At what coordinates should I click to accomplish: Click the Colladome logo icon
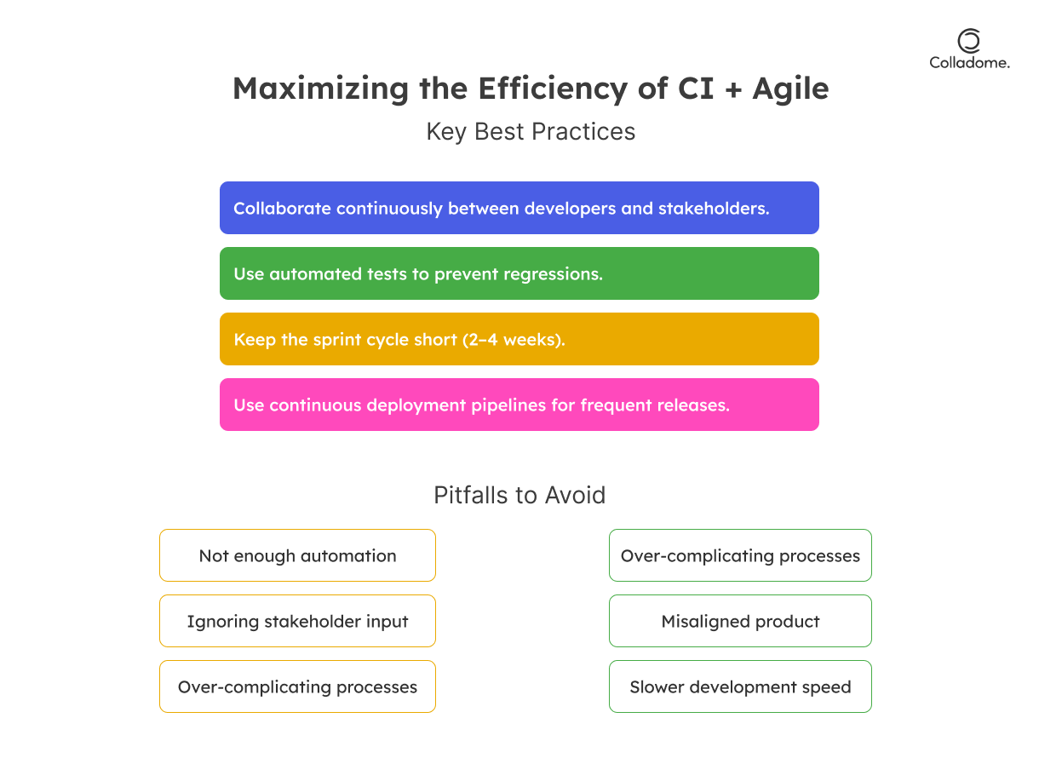point(968,41)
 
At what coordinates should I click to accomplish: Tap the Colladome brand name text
point(969,62)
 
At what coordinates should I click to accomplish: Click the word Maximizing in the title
point(320,89)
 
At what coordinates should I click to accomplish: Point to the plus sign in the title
point(732,89)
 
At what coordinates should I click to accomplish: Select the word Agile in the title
point(790,89)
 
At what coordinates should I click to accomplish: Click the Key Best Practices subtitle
point(531,131)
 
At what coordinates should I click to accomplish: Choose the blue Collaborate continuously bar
point(519,208)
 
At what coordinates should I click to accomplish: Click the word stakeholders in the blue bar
point(714,209)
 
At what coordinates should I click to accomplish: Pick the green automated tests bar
point(519,273)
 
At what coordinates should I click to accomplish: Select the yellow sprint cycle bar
point(519,339)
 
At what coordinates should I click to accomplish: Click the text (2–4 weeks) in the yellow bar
point(514,340)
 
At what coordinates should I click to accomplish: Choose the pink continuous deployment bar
point(519,405)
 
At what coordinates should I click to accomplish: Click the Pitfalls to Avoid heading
point(519,495)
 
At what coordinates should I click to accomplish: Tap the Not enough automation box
point(297,555)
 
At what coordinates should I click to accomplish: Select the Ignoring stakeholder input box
point(297,621)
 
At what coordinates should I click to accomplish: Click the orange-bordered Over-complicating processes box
point(297,686)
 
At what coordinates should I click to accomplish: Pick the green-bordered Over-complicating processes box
point(740,555)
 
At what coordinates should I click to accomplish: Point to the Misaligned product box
point(740,621)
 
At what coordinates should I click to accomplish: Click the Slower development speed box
point(740,686)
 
